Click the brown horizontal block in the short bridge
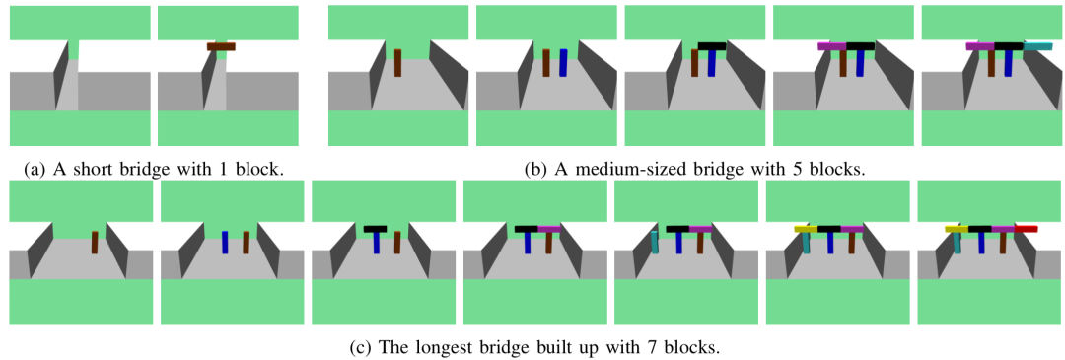tap(222, 47)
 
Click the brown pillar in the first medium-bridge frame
tap(398, 62)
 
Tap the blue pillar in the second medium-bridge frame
tap(563, 62)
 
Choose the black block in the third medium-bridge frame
tap(712, 46)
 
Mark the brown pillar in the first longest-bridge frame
tap(95, 243)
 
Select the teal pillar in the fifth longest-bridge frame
tap(655, 243)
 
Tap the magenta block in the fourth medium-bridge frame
tap(832, 46)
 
